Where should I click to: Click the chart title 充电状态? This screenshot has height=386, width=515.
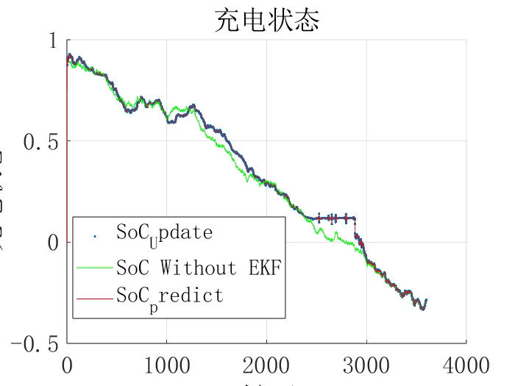pyautogui.click(x=267, y=20)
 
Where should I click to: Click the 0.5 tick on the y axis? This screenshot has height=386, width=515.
pyautogui.click(x=42, y=142)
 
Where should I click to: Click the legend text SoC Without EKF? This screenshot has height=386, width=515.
pyautogui.click(x=199, y=265)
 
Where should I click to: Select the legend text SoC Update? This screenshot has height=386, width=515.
pyautogui.click(x=164, y=234)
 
